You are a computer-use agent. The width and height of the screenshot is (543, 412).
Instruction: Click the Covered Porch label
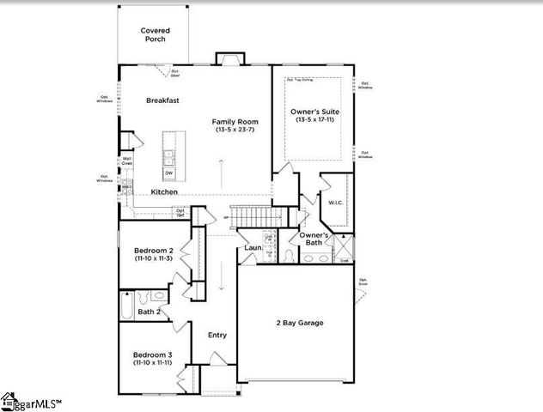point(156,34)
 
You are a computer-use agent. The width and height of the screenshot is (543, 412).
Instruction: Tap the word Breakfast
point(162,100)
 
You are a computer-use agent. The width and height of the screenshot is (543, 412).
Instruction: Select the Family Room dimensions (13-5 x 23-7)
point(235,130)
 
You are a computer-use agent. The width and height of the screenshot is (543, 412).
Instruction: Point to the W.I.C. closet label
point(335,203)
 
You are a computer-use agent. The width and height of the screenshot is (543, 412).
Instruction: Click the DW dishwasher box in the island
point(169,173)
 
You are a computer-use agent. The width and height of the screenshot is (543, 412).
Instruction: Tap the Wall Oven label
point(126,160)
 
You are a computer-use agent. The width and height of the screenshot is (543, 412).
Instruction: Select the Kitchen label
point(164,191)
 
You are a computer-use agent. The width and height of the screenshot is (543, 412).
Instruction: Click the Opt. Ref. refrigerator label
point(180,212)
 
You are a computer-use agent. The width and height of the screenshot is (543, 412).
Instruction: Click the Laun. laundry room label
point(253,248)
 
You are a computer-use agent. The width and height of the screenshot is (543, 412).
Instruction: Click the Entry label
point(217,335)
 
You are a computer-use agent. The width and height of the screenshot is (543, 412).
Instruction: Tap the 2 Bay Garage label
point(299,323)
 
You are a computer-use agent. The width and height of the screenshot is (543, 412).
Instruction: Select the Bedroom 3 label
point(152,354)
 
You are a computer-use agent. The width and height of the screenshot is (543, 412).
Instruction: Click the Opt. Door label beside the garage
point(363,281)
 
